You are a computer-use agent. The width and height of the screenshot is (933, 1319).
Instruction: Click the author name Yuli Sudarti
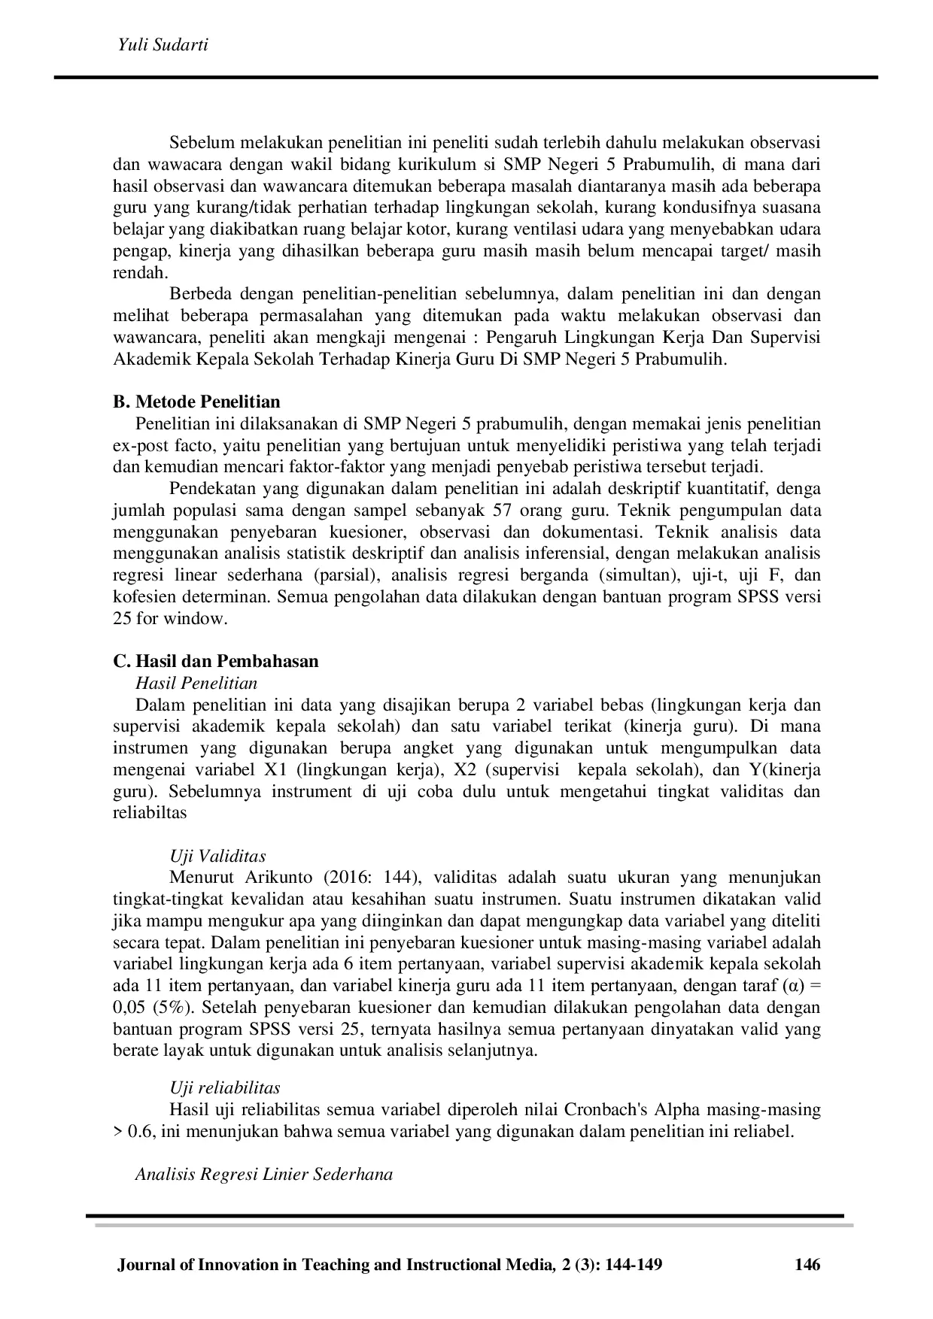pyautogui.click(x=163, y=45)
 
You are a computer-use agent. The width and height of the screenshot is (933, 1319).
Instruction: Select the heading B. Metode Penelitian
pyautogui.click(x=196, y=402)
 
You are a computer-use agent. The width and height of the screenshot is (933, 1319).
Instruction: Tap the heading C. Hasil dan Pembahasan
pyautogui.click(x=215, y=661)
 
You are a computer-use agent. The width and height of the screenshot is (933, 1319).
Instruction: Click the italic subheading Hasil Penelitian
pyautogui.click(x=196, y=683)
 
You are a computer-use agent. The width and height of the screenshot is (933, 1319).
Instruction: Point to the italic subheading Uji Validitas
pyautogui.click(x=217, y=856)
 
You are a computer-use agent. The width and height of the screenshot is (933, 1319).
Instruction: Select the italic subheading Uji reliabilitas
pyautogui.click(x=225, y=1087)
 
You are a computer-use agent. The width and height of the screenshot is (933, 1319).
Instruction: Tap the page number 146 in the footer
pyautogui.click(x=807, y=1265)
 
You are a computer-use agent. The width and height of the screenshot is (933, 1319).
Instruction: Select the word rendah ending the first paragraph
pyautogui.click(x=140, y=272)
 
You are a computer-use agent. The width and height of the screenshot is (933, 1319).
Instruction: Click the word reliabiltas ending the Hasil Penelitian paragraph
pyautogui.click(x=149, y=813)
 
